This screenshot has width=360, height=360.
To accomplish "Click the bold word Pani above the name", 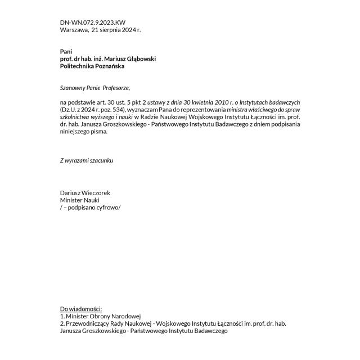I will click(x=66, y=52).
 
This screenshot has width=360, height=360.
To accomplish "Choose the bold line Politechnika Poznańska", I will click(x=92, y=66).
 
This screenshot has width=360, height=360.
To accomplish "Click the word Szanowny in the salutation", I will click(x=73, y=88).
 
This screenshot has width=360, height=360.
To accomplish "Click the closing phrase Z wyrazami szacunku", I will click(x=87, y=160).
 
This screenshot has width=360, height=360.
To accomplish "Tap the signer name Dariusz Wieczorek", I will click(x=85, y=192).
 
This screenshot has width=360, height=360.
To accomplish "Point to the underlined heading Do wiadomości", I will click(x=80, y=309).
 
